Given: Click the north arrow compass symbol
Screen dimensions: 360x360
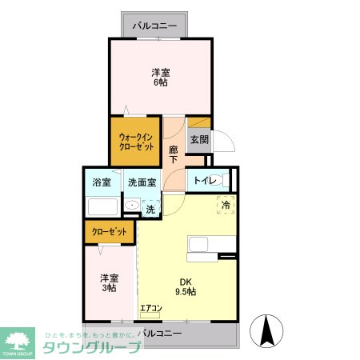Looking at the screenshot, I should coord(268,330).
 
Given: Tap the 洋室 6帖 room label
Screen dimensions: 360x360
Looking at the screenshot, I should coord(160,76).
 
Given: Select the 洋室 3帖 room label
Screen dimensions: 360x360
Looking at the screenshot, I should coord(109,282).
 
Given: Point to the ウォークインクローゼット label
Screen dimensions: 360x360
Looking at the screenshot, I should coord(136,142).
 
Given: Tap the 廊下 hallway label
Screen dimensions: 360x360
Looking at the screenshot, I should coord(174,154).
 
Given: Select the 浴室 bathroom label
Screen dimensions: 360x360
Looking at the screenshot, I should coord(102,182).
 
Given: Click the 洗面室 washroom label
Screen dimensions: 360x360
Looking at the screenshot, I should coord(142,182).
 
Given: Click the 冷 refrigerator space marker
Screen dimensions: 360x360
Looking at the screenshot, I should coord(226,205).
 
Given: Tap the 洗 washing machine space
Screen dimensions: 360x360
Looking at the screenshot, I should coord(150,210).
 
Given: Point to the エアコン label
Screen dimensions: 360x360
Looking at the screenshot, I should coord(151,308).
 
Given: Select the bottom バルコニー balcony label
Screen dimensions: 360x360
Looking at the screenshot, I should coord(160,332).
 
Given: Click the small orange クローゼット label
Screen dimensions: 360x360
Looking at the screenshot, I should coord(110,231).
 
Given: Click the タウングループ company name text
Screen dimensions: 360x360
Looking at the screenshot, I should coord(92,348).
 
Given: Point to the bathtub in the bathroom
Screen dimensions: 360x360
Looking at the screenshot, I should coord(102,207).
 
